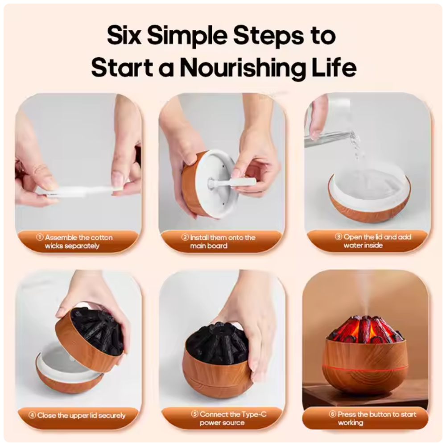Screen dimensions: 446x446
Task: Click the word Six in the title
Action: pos(124,36)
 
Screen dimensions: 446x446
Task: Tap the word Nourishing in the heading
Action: pos(244,68)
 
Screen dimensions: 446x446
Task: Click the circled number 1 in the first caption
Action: pos(40,237)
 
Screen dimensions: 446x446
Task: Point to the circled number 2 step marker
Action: pos(185,237)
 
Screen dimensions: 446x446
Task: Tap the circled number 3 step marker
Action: pos(339,237)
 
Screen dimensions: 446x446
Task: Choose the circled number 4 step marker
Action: pos(32,415)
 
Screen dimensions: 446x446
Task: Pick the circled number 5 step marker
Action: pos(195,414)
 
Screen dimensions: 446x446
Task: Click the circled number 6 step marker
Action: pos(333,414)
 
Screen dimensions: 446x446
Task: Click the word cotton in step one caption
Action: pos(102,238)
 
